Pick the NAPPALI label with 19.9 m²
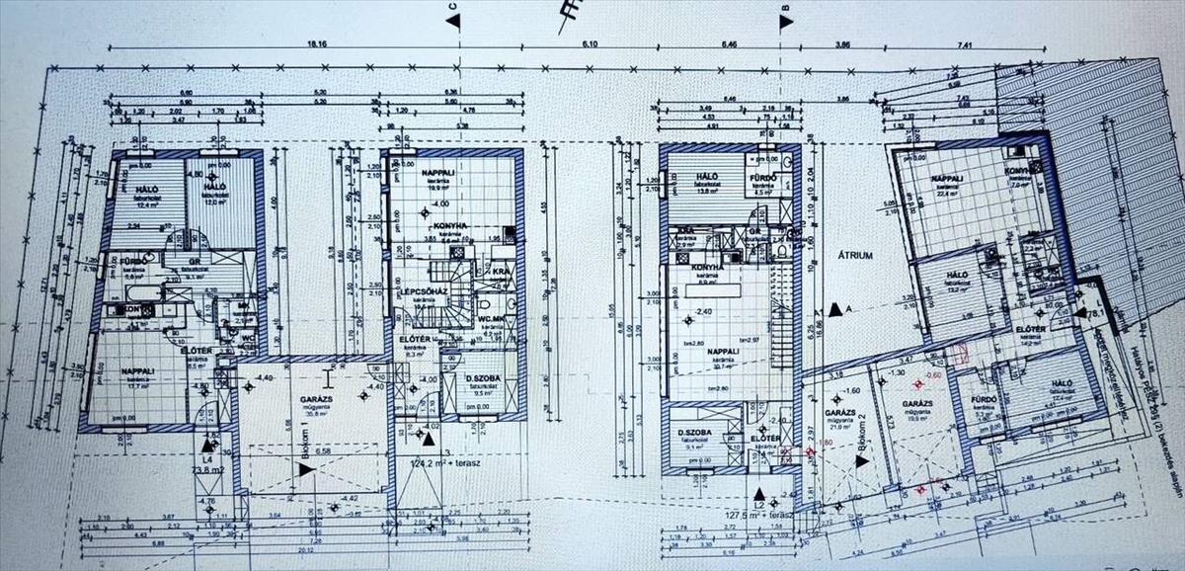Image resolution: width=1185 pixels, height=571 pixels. coord(440,174)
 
